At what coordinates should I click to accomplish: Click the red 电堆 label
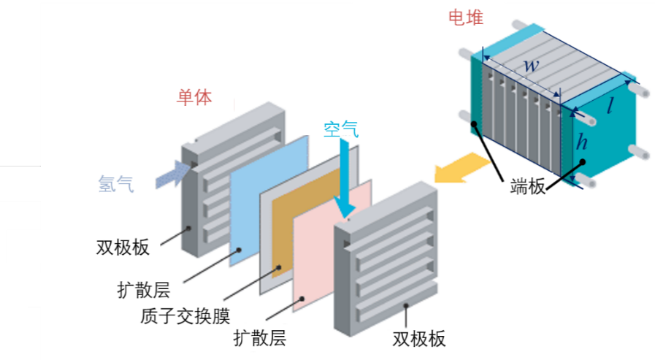[x=467, y=18]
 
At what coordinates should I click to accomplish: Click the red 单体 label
[x=194, y=97]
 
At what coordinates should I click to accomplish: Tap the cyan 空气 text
[x=341, y=130]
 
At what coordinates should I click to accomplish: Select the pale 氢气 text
[x=116, y=184]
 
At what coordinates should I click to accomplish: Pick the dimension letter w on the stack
[x=532, y=65]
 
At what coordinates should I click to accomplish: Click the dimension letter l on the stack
[x=610, y=108]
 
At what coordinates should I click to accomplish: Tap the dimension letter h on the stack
[x=581, y=142]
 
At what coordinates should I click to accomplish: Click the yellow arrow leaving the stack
[x=457, y=169]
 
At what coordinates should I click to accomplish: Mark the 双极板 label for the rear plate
[x=123, y=247]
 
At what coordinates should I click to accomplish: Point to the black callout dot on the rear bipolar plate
[x=189, y=227]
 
